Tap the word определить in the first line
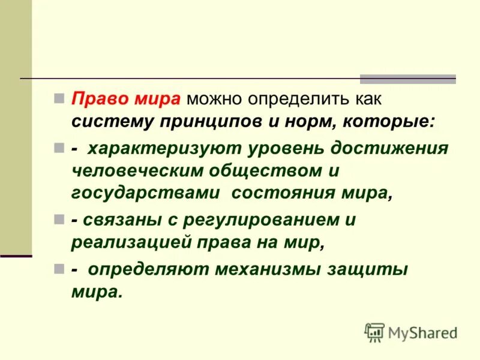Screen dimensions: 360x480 [x=287, y=98]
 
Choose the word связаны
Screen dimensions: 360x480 [x=122, y=220]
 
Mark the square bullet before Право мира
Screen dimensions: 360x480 [x=58, y=97]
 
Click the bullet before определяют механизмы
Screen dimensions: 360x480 [x=58, y=269]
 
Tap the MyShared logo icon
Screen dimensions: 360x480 [x=375, y=332]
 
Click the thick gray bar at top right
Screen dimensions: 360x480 [x=407, y=79]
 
